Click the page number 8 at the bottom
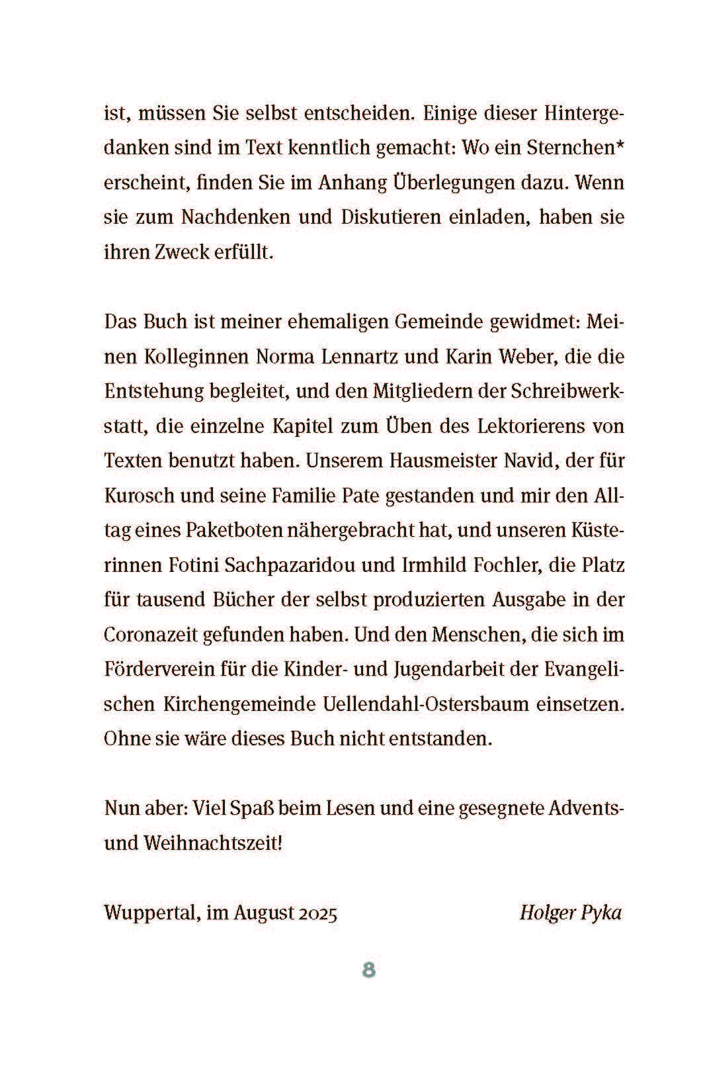(x=368, y=970)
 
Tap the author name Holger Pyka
(x=571, y=913)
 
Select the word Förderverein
(x=159, y=669)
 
